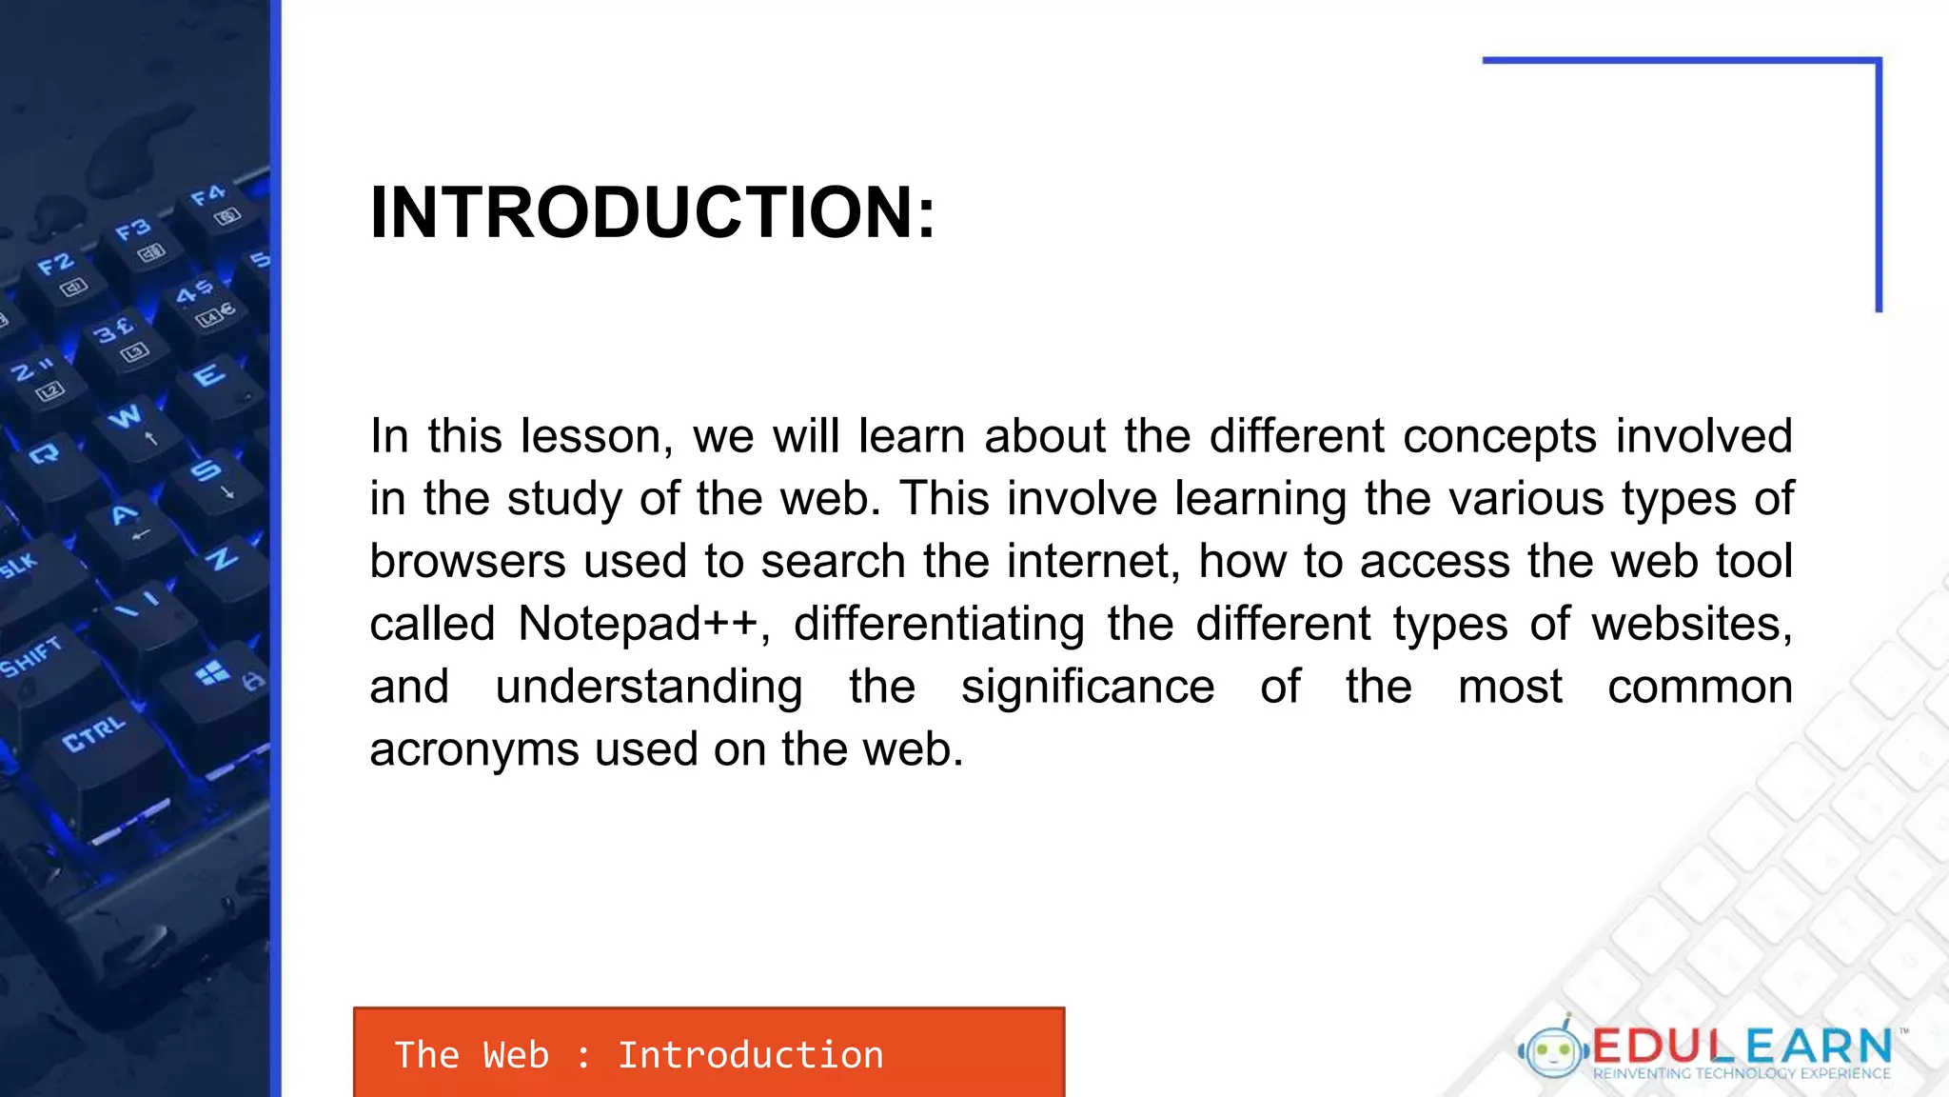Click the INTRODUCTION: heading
click(653, 211)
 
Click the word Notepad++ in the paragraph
click(638, 625)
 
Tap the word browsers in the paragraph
click(467, 562)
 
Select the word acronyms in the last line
click(473, 750)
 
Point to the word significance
click(1087, 688)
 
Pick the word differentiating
click(938, 625)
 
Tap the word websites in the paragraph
click(1691, 625)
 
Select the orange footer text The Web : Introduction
click(639, 1055)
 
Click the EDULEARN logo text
click(1742, 1046)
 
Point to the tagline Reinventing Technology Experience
click(1742, 1074)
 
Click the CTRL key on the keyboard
click(93, 734)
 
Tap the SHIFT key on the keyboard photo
click(30, 657)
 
